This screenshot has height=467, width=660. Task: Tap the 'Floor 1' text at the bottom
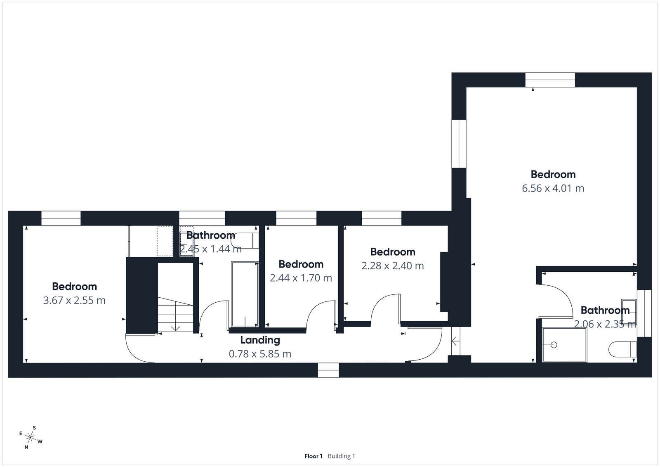(313, 456)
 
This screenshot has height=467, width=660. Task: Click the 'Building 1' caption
(341, 456)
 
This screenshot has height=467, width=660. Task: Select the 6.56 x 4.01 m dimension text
(553, 188)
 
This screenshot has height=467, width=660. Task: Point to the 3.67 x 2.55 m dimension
(74, 300)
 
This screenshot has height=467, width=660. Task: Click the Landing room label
(260, 340)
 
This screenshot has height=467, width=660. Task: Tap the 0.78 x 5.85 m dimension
(260, 354)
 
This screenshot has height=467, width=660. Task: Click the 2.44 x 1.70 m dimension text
(301, 278)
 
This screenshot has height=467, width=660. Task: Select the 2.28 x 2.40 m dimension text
(392, 266)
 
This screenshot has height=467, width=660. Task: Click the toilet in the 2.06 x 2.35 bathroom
(622, 349)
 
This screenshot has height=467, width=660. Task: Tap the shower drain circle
(554, 345)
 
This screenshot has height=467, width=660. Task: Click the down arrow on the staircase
(175, 326)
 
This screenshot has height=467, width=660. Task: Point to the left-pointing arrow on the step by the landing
(455, 341)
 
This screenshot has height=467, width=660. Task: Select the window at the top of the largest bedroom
(550, 80)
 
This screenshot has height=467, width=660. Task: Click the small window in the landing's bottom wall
(328, 370)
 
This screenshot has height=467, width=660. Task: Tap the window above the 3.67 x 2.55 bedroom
(61, 218)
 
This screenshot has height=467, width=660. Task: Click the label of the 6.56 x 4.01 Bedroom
(553, 174)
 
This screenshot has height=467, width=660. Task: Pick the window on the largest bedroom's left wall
(459, 144)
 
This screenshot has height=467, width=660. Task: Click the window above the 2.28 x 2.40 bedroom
(382, 218)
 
